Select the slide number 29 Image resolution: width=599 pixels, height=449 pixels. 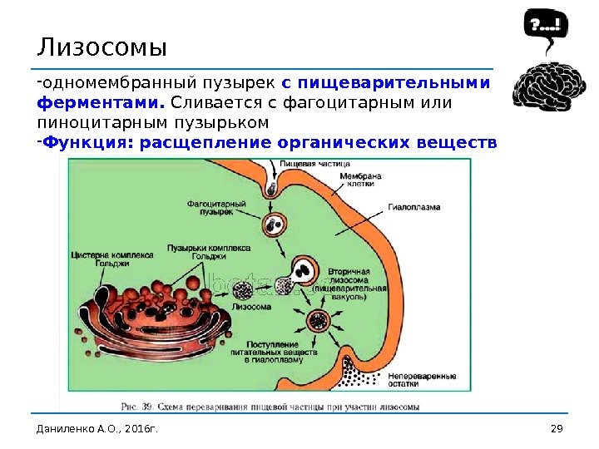[x=557, y=428]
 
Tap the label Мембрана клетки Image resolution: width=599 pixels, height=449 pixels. [x=359, y=180]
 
